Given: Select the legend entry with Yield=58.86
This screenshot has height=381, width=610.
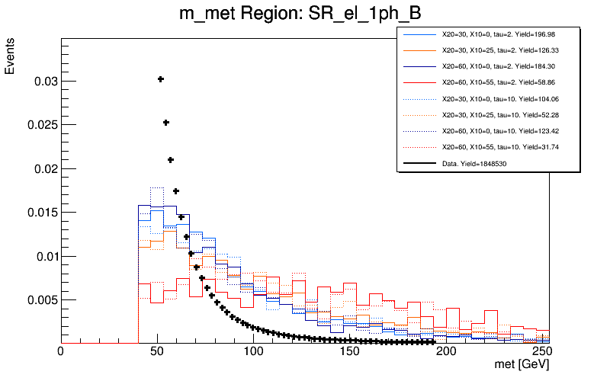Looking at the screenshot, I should [489, 82].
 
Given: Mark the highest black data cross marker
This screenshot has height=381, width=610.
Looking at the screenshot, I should [161, 79].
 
